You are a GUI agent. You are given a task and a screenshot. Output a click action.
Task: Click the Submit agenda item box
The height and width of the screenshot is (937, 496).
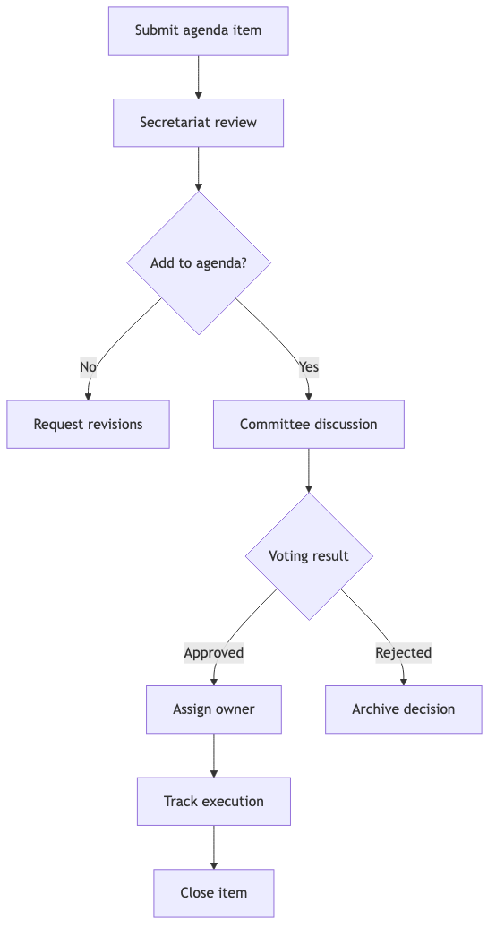pos(198,30)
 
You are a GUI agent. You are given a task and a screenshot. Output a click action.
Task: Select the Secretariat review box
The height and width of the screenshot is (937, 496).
pos(198,123)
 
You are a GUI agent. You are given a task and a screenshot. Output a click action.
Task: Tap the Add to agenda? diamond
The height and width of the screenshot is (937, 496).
pos(198,263)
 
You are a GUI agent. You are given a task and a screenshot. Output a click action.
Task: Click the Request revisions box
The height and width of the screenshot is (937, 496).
pos(88,425)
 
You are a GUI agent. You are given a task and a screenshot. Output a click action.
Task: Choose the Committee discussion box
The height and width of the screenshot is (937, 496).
pos(308,425)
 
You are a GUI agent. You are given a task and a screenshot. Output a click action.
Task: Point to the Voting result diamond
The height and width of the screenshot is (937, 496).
pos(308,556)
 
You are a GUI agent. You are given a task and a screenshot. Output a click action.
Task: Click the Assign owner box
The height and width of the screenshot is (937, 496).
pos(213,709)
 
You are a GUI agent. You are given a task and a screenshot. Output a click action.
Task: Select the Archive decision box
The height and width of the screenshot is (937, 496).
pos(403,709)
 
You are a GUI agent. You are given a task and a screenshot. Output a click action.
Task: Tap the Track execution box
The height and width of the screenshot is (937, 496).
pos(213,802)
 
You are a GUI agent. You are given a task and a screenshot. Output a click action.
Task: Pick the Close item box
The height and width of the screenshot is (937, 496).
pos(213,893)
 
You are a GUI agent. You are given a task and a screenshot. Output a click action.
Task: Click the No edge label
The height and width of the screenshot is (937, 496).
pos(88,366)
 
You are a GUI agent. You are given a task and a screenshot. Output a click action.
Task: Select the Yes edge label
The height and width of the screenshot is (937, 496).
pos(308,366)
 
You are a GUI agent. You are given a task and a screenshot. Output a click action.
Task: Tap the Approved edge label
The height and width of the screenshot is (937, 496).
pos(213,653)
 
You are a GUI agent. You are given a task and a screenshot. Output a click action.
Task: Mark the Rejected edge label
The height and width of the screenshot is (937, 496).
pos(403,653)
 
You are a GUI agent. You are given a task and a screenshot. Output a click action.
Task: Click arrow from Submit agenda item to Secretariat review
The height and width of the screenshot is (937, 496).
pos(198,76)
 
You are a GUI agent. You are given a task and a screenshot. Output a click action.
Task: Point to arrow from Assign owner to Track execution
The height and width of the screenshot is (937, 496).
pos(213,755)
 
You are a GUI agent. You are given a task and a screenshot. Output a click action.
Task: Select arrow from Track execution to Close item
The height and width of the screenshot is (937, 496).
pos(213,847)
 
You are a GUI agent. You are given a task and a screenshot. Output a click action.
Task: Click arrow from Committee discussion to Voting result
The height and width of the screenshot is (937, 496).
pos(308,470)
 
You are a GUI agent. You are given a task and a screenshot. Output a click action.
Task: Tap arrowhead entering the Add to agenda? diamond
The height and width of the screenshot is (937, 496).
pos(198,186)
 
